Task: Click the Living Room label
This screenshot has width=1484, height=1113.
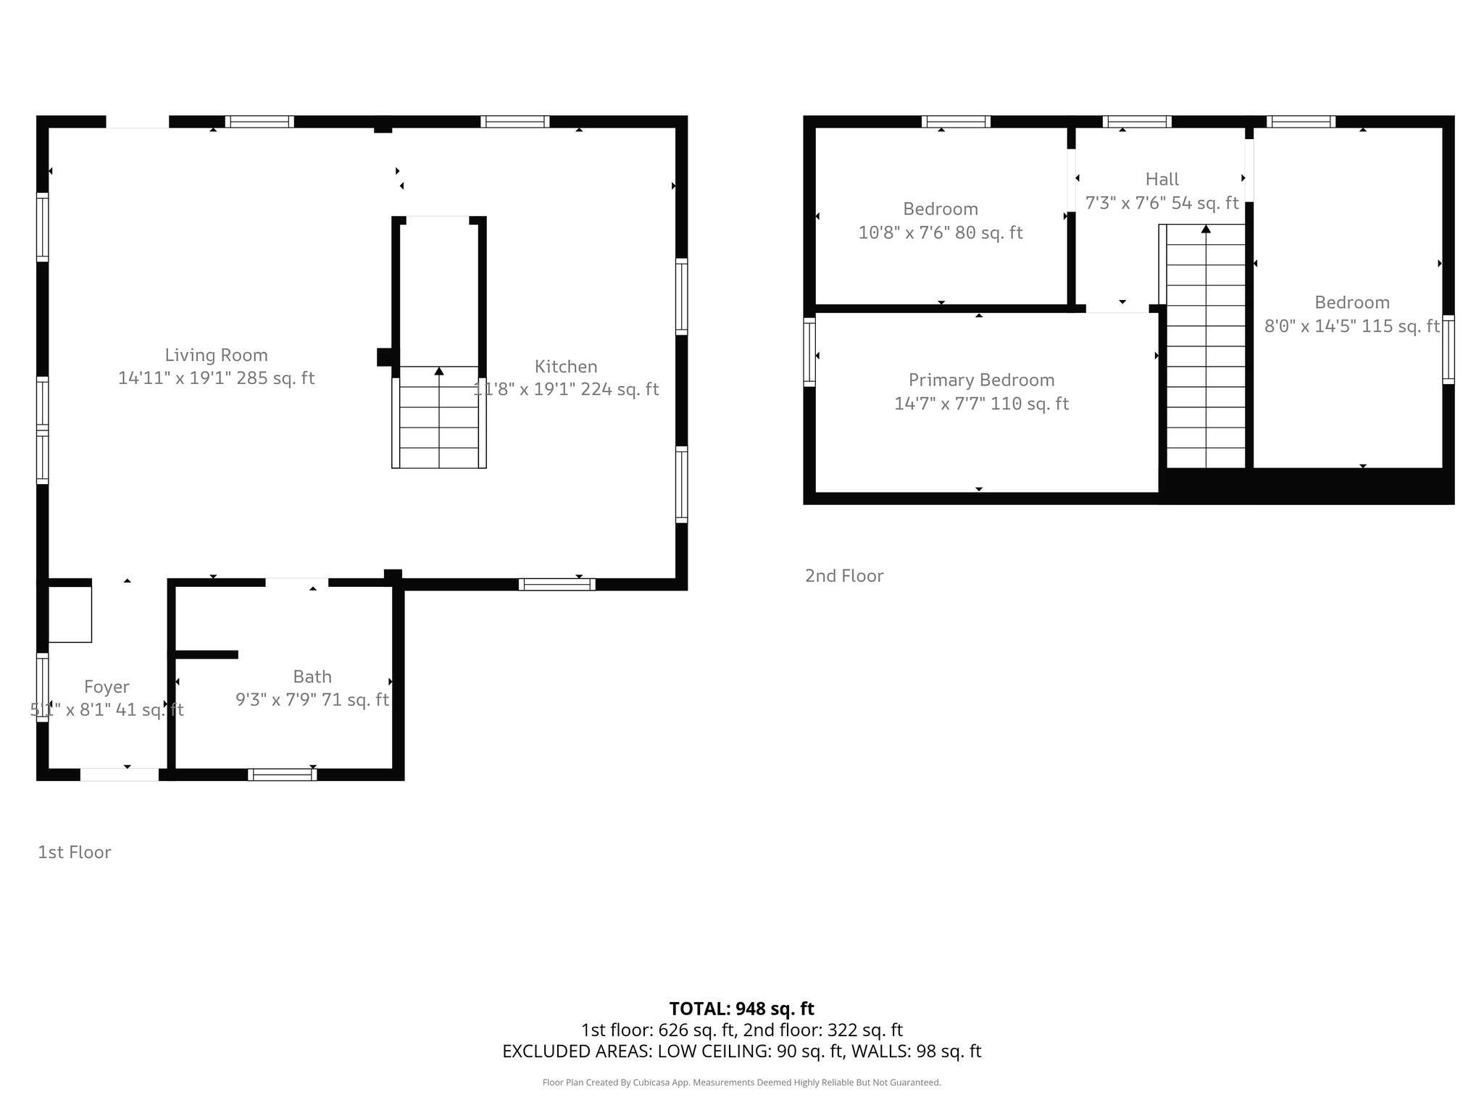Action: [216, 355]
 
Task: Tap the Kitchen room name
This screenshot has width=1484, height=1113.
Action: [566, 367]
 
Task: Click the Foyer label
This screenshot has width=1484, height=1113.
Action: [107, 687]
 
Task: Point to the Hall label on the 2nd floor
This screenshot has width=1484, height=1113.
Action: [1162, 179]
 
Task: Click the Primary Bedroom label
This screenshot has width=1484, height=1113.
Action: [981, 380]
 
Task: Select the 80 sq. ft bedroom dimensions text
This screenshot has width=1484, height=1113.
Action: [940, 233]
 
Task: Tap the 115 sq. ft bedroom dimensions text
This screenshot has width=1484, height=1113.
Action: [1351, 326]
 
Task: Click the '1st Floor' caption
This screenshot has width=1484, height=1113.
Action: [74, 852]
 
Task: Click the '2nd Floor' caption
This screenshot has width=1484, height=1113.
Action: [844, 576]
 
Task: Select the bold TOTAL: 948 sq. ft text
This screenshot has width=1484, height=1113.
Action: [741, 1009]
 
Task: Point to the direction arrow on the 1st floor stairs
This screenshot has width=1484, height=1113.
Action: [439, 371]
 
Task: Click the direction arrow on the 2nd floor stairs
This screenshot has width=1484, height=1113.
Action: [1206, 229]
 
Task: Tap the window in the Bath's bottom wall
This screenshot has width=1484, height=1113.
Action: [282, 775]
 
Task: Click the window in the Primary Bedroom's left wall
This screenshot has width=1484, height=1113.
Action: [809, 351]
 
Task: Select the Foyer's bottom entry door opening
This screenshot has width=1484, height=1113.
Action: [119, 775]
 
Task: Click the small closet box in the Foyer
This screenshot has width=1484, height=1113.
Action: [70, 614]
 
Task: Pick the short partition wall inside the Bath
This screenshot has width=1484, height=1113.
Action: [207, 654]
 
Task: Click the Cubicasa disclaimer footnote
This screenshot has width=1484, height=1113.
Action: [741, 1083]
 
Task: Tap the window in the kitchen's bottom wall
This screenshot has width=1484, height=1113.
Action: [556, 584]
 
